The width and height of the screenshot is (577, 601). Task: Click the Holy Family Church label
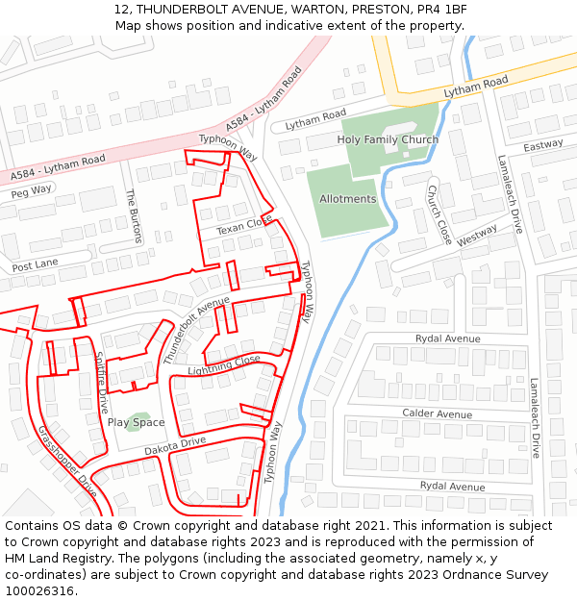click(x=388, y=140)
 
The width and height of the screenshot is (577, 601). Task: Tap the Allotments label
click(x=348, y=199)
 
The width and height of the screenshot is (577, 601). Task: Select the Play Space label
click(x=136, y=423)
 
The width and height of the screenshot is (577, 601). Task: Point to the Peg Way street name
click(x=32, y=190)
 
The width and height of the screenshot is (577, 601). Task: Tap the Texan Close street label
click(x=244, y=227)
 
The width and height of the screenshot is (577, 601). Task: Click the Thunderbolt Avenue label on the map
click(x=196, y=330)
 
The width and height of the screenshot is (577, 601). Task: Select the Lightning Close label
click(x=224, y=364)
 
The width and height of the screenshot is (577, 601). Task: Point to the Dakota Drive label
click(x=175, y=445)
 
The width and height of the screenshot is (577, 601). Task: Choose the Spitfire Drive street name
click(x=101, y=382)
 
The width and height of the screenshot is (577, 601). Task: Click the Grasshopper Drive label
click(x=67, y=461)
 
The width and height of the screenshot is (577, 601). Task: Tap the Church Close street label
click(x=439, y=213)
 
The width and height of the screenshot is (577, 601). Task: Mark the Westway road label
click(x=477, y=237)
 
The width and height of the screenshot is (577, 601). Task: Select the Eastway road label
click(x=543, y=145)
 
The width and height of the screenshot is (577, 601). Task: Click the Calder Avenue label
click(x=438, y=414)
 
